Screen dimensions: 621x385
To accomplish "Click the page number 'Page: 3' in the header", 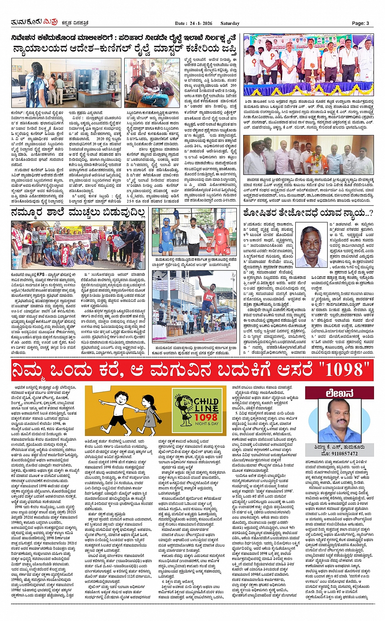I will [x=361, y=23].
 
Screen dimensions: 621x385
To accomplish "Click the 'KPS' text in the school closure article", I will [x=41, y=274].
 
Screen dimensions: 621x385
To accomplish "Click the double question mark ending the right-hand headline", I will [x=369, y=212].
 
